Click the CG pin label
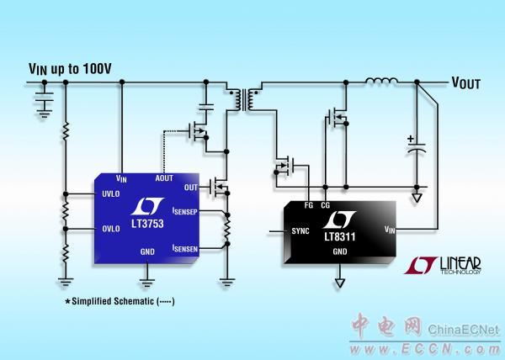pos(325,204)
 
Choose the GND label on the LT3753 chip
pos(148,251)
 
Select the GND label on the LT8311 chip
pos(340,251)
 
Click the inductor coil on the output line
pos(380,82)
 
